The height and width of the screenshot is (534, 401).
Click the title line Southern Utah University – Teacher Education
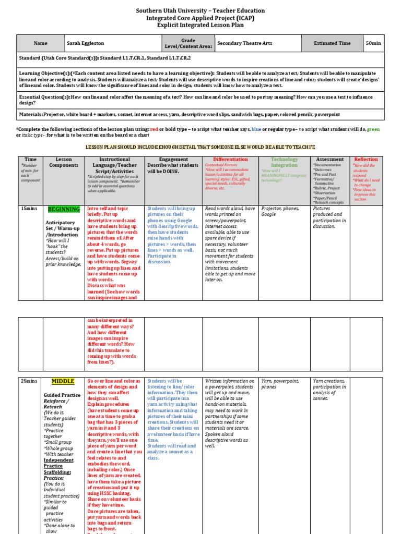coord(200,10)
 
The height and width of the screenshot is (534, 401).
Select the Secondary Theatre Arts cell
coord(244,43)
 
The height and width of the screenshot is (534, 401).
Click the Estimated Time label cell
coord(332,43)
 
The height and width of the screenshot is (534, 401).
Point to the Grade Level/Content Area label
coord(188,43)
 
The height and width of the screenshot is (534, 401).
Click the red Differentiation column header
coord(230,159)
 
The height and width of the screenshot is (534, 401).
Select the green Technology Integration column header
coord(284,162)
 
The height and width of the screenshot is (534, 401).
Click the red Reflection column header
coord(366,159)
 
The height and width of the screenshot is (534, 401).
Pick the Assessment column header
coord(330,159)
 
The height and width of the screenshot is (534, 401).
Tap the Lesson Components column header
coord(64,162)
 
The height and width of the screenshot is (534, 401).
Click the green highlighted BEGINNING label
coord(64,209)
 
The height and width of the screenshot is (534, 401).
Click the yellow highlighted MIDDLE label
coord(63,381)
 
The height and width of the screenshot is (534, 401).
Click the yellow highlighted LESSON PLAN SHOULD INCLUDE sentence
coord(200,148)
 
